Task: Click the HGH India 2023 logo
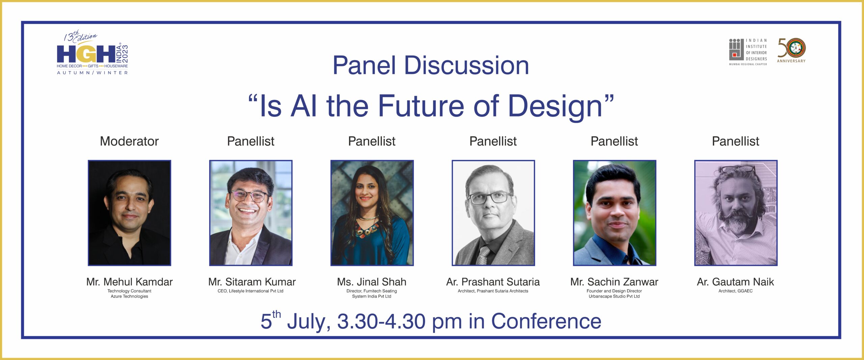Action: point(92,52)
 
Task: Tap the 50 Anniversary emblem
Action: point(791,50)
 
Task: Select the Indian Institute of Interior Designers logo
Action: point(748,52)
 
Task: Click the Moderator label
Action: point(129,141)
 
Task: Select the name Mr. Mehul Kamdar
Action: point(129,282)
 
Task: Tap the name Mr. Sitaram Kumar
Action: point(252,282)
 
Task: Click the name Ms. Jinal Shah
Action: point(372,282)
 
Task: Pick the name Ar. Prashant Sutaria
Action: point(493,282)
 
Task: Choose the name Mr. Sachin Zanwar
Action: point(614,282)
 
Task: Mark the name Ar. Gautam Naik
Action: point(735,282)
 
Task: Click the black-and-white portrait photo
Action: point(493,213)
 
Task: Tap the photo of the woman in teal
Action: point(372,213)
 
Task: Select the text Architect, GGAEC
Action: point(735,291)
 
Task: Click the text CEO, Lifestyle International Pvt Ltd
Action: point(250,291)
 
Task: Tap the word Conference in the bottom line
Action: point(546,321)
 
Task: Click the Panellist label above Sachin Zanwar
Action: point(614,141)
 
